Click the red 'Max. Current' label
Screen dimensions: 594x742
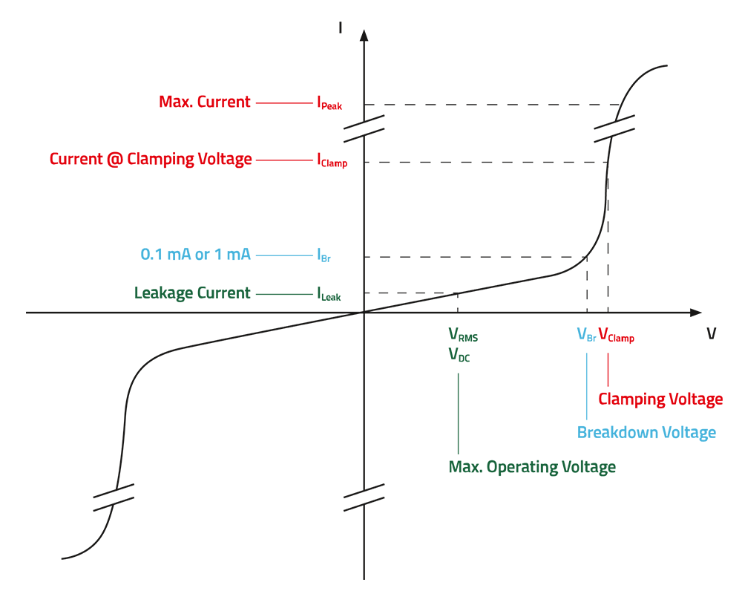point(205,102)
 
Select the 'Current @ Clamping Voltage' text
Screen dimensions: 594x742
point(151,159)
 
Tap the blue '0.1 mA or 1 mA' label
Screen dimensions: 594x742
point(195,255)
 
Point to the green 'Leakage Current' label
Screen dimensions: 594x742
point(192,293)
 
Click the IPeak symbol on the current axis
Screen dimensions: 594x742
point(329,104)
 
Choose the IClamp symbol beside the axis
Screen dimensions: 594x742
point(332,161)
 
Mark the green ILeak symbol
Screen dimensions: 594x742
point(329,295)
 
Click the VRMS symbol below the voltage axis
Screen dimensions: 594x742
point(463,336)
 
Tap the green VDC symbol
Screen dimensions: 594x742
point(459,355)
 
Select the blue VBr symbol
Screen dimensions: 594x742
point(586,336)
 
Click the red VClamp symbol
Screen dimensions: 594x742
point(616,336)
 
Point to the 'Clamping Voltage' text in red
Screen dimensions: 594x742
point(660,399)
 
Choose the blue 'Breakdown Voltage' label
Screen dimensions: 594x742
point(647,433)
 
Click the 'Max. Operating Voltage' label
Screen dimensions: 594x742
point(532,468)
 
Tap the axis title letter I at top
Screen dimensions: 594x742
point(340,28)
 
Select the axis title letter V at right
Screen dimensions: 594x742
point(711,333)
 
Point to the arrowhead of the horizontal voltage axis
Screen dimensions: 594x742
point(695,313)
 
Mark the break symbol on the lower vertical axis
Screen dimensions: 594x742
point(364,497)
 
